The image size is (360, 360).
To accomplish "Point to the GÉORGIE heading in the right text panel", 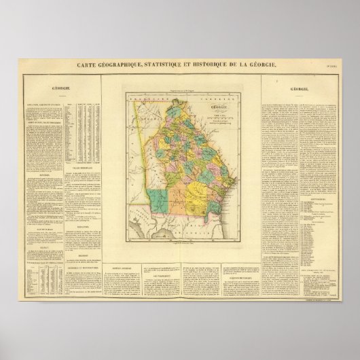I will [299, 88].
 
